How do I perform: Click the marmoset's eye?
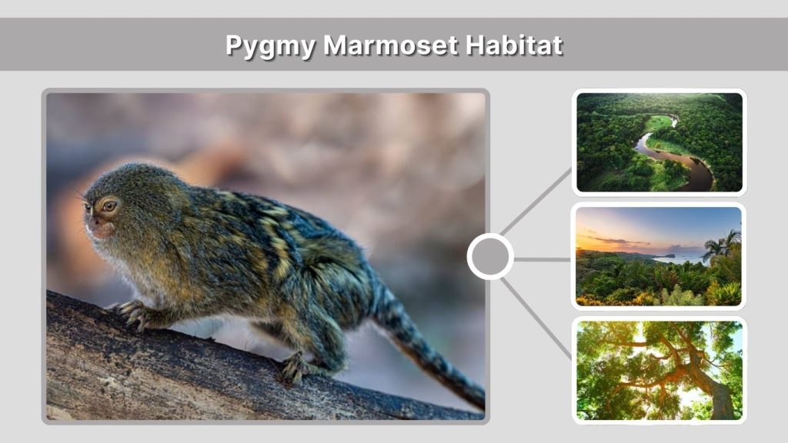(109, 205)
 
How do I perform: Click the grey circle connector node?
(489, 257)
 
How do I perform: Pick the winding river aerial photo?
(659, 142)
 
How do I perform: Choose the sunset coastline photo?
(659, 256)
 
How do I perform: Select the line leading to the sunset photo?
(542, 259)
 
